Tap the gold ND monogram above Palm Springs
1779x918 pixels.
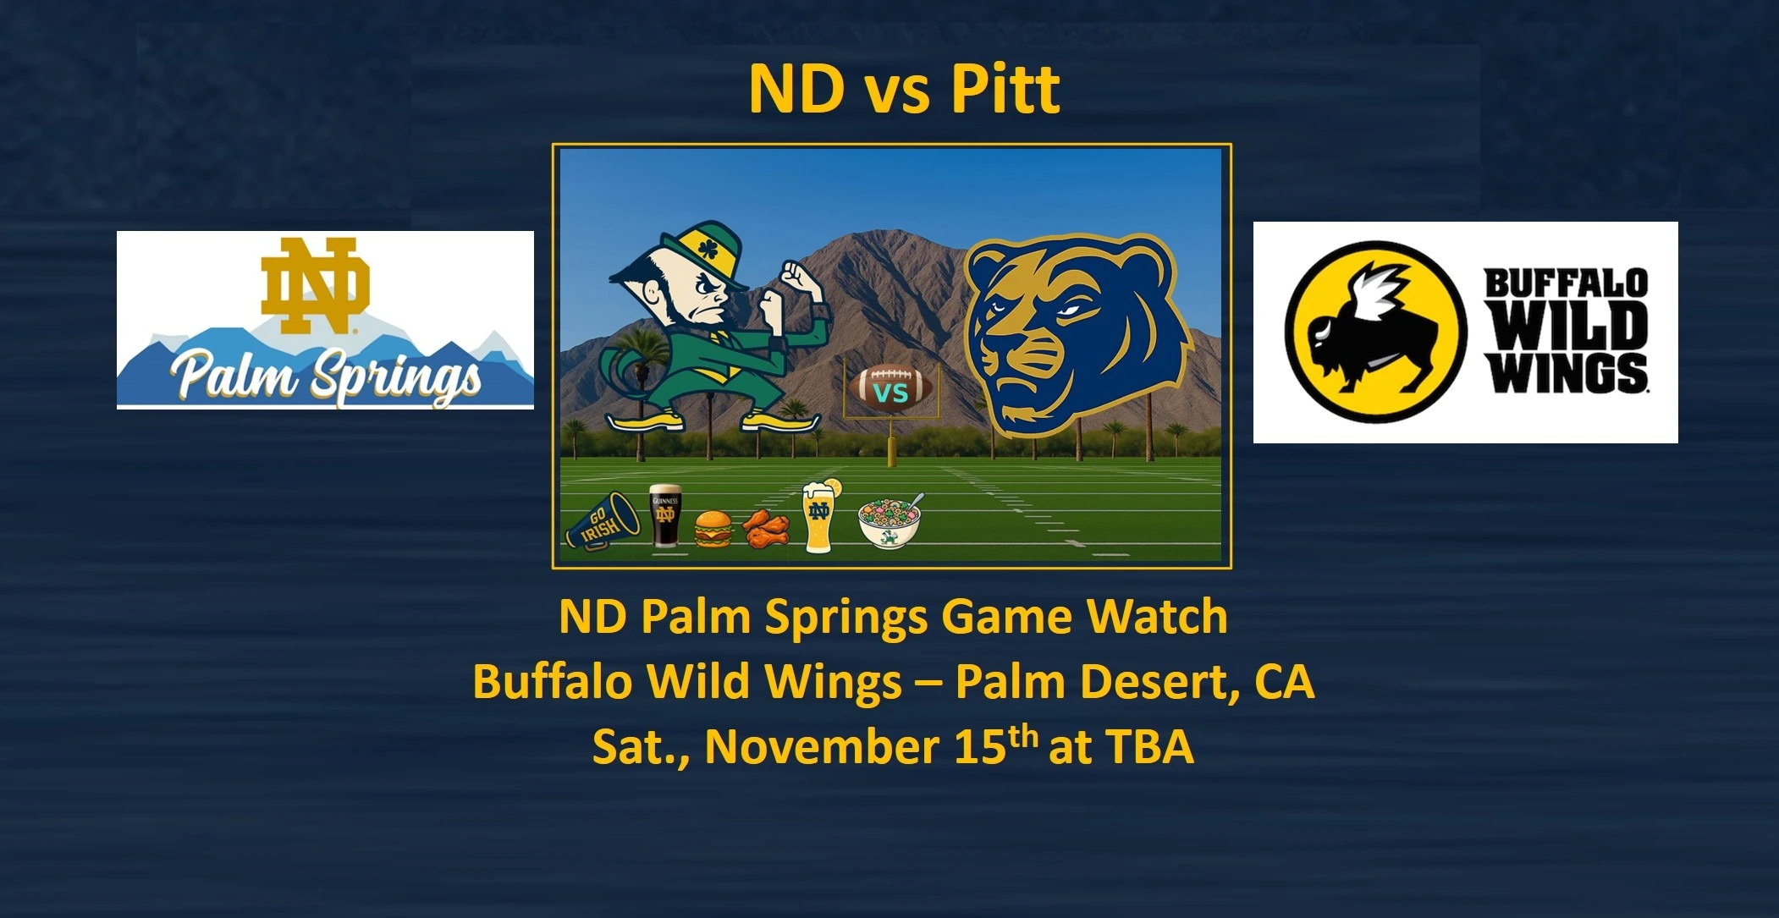pos(315,285)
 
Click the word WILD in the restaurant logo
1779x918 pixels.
pos(1567,326)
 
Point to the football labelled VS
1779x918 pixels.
pos(890,390)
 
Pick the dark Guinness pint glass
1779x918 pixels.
pos(665,516)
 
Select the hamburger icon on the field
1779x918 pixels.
pos(713,530)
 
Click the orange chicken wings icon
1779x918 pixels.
pos(766,527)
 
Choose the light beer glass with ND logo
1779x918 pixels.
pos(819,516)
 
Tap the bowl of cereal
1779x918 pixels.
pos(889,522)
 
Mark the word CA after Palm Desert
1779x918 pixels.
pos(1285,681)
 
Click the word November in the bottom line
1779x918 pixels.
pos(820,746)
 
